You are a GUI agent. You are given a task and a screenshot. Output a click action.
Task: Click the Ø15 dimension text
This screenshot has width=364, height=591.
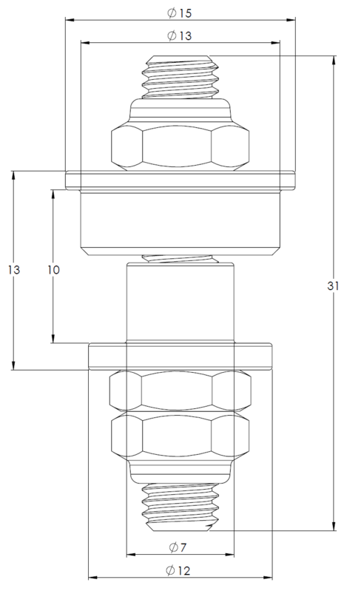(x=180, y=14)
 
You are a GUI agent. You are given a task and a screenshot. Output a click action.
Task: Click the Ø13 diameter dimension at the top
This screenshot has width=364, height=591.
(x=180, y=36)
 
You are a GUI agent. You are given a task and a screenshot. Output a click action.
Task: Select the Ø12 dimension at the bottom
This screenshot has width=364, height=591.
(x=180, y=570)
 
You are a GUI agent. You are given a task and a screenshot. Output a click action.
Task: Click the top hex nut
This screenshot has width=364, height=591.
(x=180, y=148)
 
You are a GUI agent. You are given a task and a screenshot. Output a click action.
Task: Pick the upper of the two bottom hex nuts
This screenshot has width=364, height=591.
(x=180, y=390)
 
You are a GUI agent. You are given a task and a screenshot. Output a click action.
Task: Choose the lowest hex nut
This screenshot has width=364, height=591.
(x=180, y=436)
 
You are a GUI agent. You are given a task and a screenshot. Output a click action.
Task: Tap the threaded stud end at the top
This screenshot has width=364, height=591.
(x=180, y=76)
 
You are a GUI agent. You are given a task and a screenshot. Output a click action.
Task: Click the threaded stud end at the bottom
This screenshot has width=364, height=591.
(x=180, y=504)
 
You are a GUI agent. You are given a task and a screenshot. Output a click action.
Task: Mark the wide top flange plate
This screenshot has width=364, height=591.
(x=180, y=178)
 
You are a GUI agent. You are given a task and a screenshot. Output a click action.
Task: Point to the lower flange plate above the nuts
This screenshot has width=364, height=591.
(x=180, y=356)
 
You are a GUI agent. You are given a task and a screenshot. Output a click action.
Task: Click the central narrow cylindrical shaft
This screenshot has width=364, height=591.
(x=180, y=303)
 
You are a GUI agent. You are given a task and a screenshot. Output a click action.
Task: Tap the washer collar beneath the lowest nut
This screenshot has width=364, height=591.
(x=180, y=469)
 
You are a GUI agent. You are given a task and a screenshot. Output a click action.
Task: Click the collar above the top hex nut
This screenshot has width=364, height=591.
(x=180, y=111)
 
